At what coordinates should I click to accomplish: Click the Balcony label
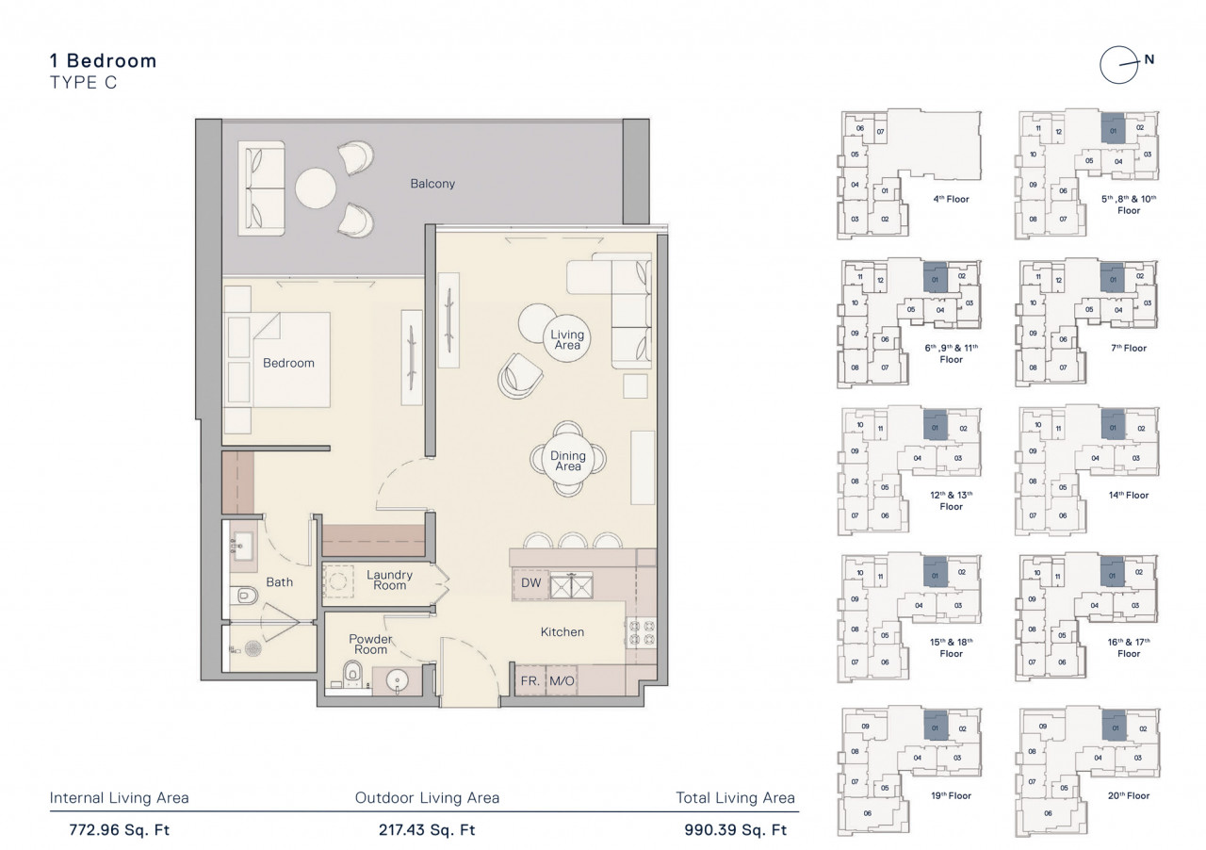point(432,184)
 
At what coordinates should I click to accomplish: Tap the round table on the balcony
point(316,188)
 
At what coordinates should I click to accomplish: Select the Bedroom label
point(288,363)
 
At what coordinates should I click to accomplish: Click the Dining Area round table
point(568,460)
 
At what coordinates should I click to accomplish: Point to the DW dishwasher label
point(530,582)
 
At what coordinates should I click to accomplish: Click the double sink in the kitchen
point(571,585)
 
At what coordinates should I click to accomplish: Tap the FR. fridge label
point(530,681)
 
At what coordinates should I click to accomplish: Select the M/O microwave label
point(562,681)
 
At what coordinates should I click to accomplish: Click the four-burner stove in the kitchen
point(641,633)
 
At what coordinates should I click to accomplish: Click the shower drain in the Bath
point(253,648)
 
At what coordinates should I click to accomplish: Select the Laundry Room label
point(389,580)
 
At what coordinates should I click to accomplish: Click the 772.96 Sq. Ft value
point(119,829)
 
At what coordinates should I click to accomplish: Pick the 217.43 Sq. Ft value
point(427,829)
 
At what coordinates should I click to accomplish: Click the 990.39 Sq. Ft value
point(736,829)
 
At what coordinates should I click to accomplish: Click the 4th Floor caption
point(951,199)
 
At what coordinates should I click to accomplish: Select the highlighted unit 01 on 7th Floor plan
point(1113,279)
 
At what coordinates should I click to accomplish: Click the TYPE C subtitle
point(84,82)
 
